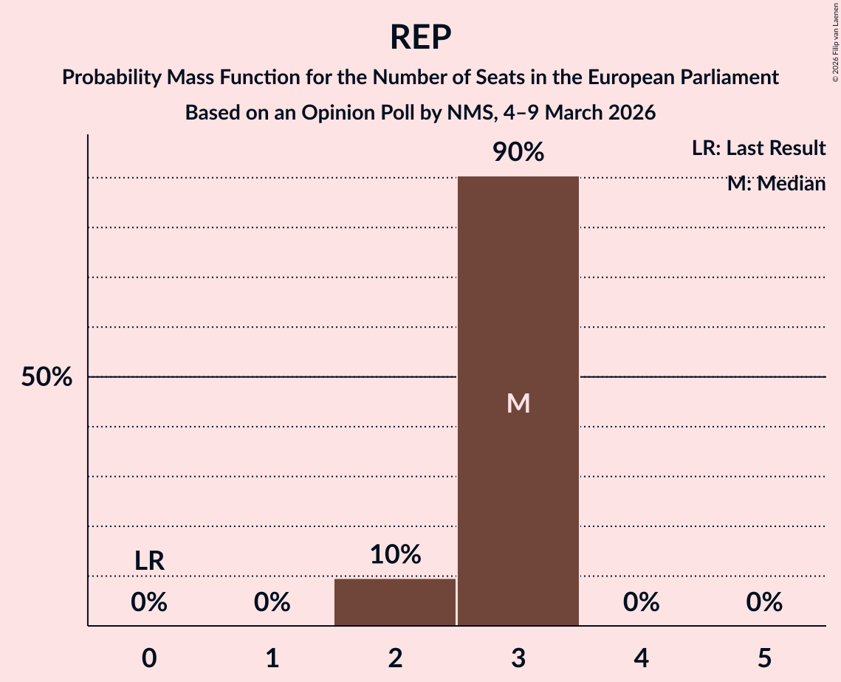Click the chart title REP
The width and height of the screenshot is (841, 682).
tap(420, 37)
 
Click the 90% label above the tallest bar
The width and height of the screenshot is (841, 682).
tap(518, 152)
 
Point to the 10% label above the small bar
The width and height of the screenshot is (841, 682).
tap(395, 554)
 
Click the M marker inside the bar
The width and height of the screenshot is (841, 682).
tap(518, 403)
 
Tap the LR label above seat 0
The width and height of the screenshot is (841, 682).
tap(149, 561)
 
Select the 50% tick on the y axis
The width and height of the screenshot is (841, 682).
tap(47, 377)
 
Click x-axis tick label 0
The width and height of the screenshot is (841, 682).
tap(149, 658)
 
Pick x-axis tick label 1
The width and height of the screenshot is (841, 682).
tap(272, 658)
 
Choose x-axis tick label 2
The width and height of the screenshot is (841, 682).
tap(395, 658)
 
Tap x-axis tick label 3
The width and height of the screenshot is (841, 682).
tap(518, 658)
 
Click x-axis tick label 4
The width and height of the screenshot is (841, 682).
tap(641, 658)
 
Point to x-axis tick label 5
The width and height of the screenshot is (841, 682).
tap(764, 658)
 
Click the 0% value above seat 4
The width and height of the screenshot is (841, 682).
tap(641, 602)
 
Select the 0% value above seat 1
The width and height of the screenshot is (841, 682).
tap(272, 602)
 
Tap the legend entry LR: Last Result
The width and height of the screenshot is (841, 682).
tap(758, 148)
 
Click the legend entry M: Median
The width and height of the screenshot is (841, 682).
tap(776, 184)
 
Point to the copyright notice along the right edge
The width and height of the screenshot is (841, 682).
tap(835, 44)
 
